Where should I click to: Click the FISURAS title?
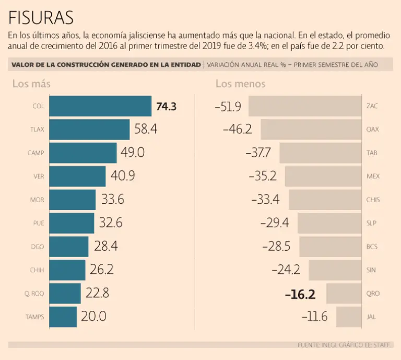[41, 18]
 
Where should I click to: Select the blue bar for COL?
[100, 106]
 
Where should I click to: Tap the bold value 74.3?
[167, 107]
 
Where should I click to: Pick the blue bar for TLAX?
[89, 130]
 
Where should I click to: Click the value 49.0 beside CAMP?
[133, 153]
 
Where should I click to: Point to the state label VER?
[39, 177]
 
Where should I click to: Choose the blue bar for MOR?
[72, 200]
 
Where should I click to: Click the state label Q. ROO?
[34, 294]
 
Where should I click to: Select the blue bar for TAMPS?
[63, 317]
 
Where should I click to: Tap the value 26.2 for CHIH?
[101, 270]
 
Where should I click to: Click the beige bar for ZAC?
[305, 106]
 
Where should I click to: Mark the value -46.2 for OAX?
[238, 130]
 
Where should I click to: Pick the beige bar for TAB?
[321, 153]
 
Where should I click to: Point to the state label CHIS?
[373, 200]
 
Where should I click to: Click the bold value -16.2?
[300, 294]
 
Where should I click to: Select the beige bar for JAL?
[349, 317]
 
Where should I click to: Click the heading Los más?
[31, 84]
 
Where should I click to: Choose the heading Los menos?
[240, 84]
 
